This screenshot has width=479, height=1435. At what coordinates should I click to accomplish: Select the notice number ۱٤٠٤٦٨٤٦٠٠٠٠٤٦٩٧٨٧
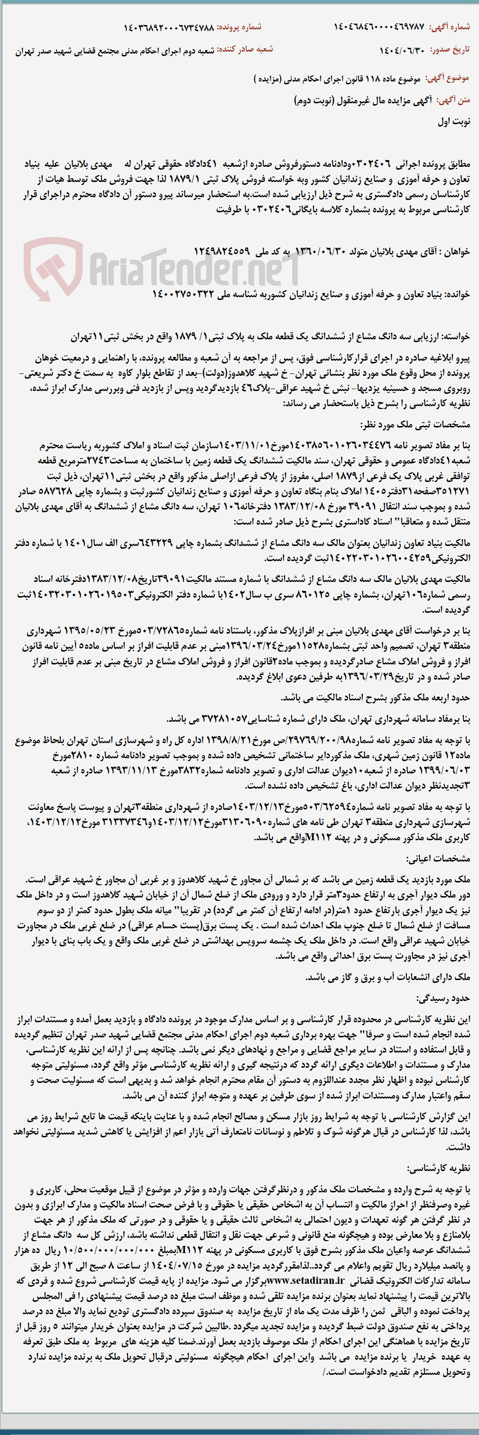(378, 27)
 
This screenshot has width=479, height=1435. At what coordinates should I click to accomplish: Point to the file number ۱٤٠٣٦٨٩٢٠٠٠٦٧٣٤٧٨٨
(168, 27)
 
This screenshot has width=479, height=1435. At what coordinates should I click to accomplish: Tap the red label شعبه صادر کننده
(245, 50)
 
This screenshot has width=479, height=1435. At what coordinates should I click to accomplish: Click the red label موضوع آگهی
(447, 79)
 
